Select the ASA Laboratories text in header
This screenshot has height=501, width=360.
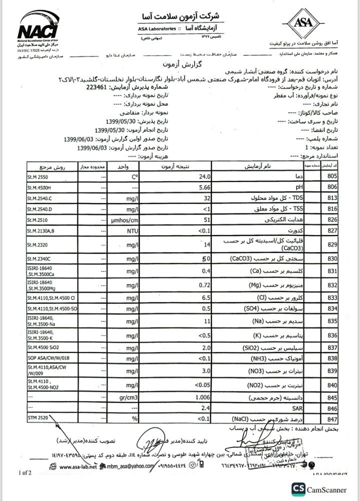click(x=155, y=29)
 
